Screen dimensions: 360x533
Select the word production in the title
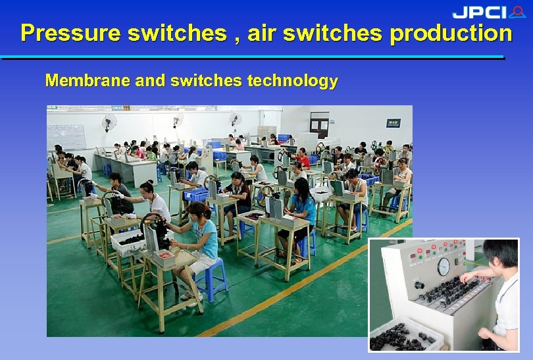pos(451,33)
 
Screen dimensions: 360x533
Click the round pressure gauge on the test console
pos(444,267)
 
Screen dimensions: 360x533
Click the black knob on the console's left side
pos(419,285)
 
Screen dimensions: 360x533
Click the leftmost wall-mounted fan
pos(109,121)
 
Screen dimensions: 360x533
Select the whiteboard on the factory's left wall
pos(66,136)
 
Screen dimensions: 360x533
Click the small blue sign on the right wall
pos(393,122)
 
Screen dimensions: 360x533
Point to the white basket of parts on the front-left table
pos(128,243)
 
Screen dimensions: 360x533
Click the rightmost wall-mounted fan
pos(236,119)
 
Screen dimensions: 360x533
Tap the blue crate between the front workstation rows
pos(196,194)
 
